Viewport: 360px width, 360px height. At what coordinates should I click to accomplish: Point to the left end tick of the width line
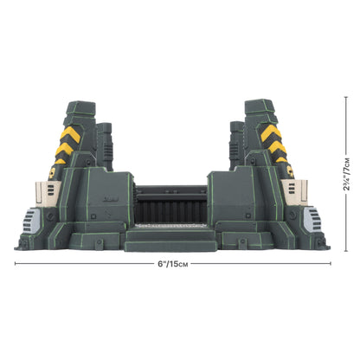point(15,265)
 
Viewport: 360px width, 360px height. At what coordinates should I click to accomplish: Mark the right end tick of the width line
point(330,265)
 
